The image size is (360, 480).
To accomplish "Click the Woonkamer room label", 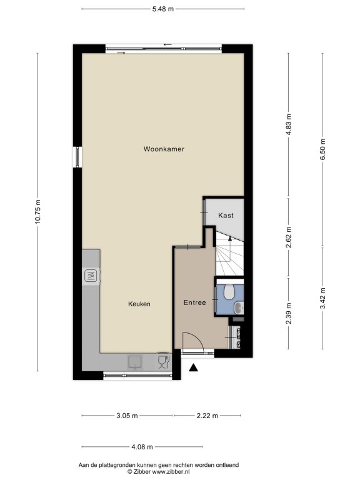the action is coord(164,149).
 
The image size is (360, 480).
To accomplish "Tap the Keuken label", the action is coord(139,304).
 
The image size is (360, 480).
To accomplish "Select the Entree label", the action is coord(195,302).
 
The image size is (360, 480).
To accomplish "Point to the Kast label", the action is coord(226,216).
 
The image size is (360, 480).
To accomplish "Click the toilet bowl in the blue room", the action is coord(229,292).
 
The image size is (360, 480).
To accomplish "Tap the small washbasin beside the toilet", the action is coord(239,307).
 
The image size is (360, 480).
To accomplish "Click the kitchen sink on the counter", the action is coord(135,362).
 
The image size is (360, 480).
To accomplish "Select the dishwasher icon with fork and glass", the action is coord(164,362).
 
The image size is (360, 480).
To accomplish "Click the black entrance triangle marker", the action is coord(193,367).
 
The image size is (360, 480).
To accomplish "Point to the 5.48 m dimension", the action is coord(163,9).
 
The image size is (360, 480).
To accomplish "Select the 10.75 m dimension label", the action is coord(37,212).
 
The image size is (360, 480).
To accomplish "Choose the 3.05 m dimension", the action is coord(127,416).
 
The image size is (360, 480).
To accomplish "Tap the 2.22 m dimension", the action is coord(207,416).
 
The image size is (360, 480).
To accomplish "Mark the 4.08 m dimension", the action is coord(142,447).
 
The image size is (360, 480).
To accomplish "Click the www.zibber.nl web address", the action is coord(171,472).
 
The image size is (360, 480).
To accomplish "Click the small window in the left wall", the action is coord(77,157).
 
